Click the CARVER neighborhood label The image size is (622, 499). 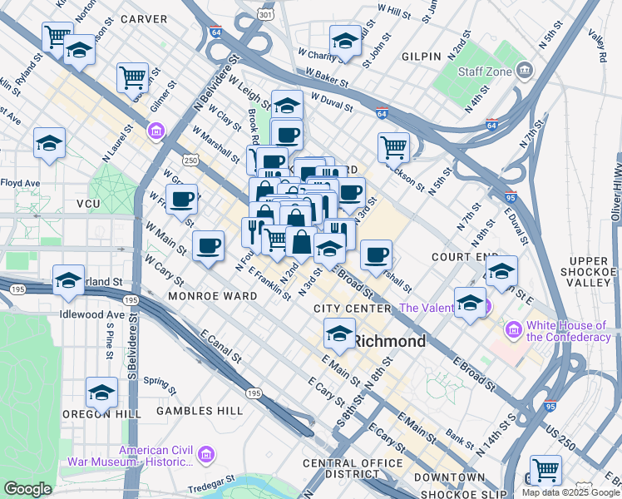144,18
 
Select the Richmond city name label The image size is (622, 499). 389,341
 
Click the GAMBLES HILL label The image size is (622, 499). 203,410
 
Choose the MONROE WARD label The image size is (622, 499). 207,295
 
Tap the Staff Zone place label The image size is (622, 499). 486,72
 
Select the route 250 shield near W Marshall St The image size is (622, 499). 190,160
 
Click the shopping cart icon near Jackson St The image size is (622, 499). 393,147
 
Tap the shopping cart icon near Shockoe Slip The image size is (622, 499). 545,469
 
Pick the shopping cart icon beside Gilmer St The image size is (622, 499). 132,77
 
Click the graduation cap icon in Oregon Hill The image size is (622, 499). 101,392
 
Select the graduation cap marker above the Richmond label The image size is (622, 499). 339,333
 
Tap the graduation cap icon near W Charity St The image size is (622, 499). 345,40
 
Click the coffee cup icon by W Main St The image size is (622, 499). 208,245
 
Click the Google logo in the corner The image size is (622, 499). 27,488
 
